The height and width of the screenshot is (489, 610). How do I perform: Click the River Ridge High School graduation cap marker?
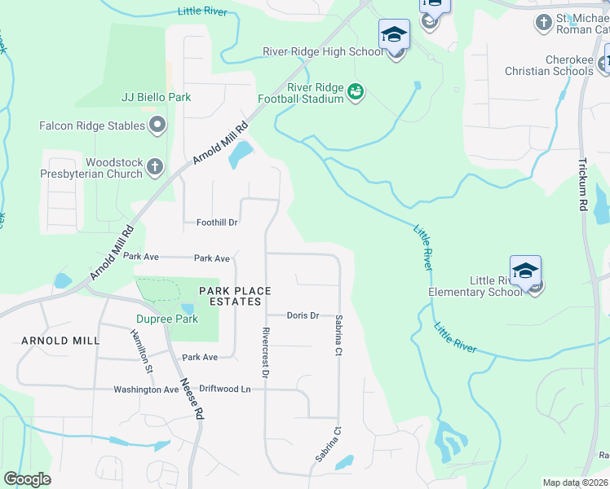point(394,36)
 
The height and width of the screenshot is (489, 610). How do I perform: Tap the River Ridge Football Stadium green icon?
point(356,92)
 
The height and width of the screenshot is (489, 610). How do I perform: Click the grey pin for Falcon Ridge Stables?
point(157,126)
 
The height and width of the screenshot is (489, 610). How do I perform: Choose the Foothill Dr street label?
point(216,222)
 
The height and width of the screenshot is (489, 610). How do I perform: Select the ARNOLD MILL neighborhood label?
point(60,340)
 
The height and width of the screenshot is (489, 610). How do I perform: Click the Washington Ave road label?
point(146,390)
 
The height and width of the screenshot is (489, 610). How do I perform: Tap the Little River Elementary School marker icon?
point(526,272)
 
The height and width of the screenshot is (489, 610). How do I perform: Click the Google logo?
point(28,479)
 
